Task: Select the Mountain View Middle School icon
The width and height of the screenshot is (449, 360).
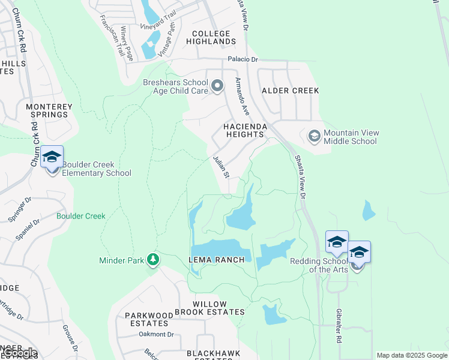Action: [314, 136]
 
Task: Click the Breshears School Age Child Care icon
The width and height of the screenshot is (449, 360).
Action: [217, 87]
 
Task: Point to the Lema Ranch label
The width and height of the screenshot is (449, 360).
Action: [217, 259]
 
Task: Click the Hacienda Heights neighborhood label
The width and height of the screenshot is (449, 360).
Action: [244, 131]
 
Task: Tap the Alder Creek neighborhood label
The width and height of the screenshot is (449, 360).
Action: [290, 90]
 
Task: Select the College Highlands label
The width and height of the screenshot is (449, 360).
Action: [211, 37]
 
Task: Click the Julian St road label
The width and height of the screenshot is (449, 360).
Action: [221, 167]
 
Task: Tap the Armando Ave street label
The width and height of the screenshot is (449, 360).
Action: [242, 96]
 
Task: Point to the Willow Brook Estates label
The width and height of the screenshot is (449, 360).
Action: [210, 307]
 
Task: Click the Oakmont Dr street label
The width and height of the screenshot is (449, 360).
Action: [155, 334]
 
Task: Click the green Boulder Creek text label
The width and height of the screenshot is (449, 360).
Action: [81, 216]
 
